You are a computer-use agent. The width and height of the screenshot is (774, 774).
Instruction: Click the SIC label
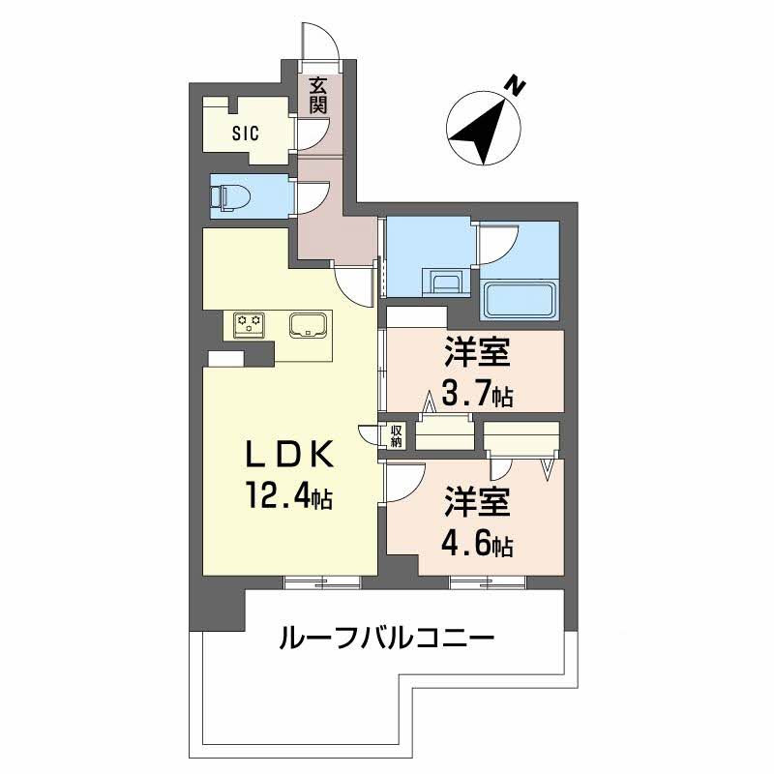[x=245, y=134]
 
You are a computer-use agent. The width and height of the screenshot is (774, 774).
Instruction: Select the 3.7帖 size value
[x=477, y=394]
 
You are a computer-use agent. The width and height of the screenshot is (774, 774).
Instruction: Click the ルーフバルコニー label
[x=386, y=639]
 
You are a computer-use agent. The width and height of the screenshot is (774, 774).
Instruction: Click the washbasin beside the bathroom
[x=446, y=283]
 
